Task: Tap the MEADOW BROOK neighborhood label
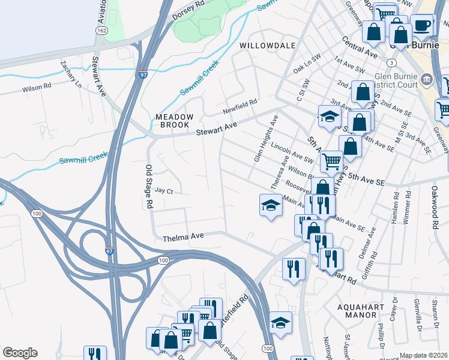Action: [x=175, y=121]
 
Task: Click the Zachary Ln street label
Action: [x=71, y=74]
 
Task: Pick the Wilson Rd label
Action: [x=37, y=88]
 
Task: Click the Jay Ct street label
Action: [x=164, y=191]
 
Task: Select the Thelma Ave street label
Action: [x=184, y=238]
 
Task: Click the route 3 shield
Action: [x=391, y=62]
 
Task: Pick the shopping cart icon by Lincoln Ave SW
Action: [x=332, y=161]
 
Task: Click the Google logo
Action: [x=20, y=353]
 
